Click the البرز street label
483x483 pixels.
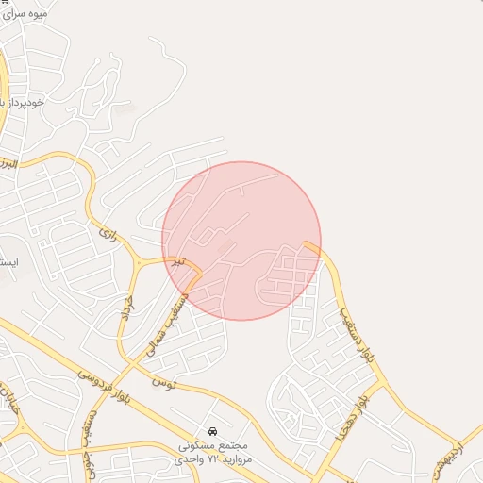[x=9, y=164]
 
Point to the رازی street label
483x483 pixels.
[x=107, y=230]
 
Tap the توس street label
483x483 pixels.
[x=163, y=382]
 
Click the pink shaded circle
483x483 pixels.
[x=241, y=241]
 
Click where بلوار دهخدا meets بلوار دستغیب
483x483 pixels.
[x=382, y=384]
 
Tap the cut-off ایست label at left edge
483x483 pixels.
[x=6, y=261]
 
